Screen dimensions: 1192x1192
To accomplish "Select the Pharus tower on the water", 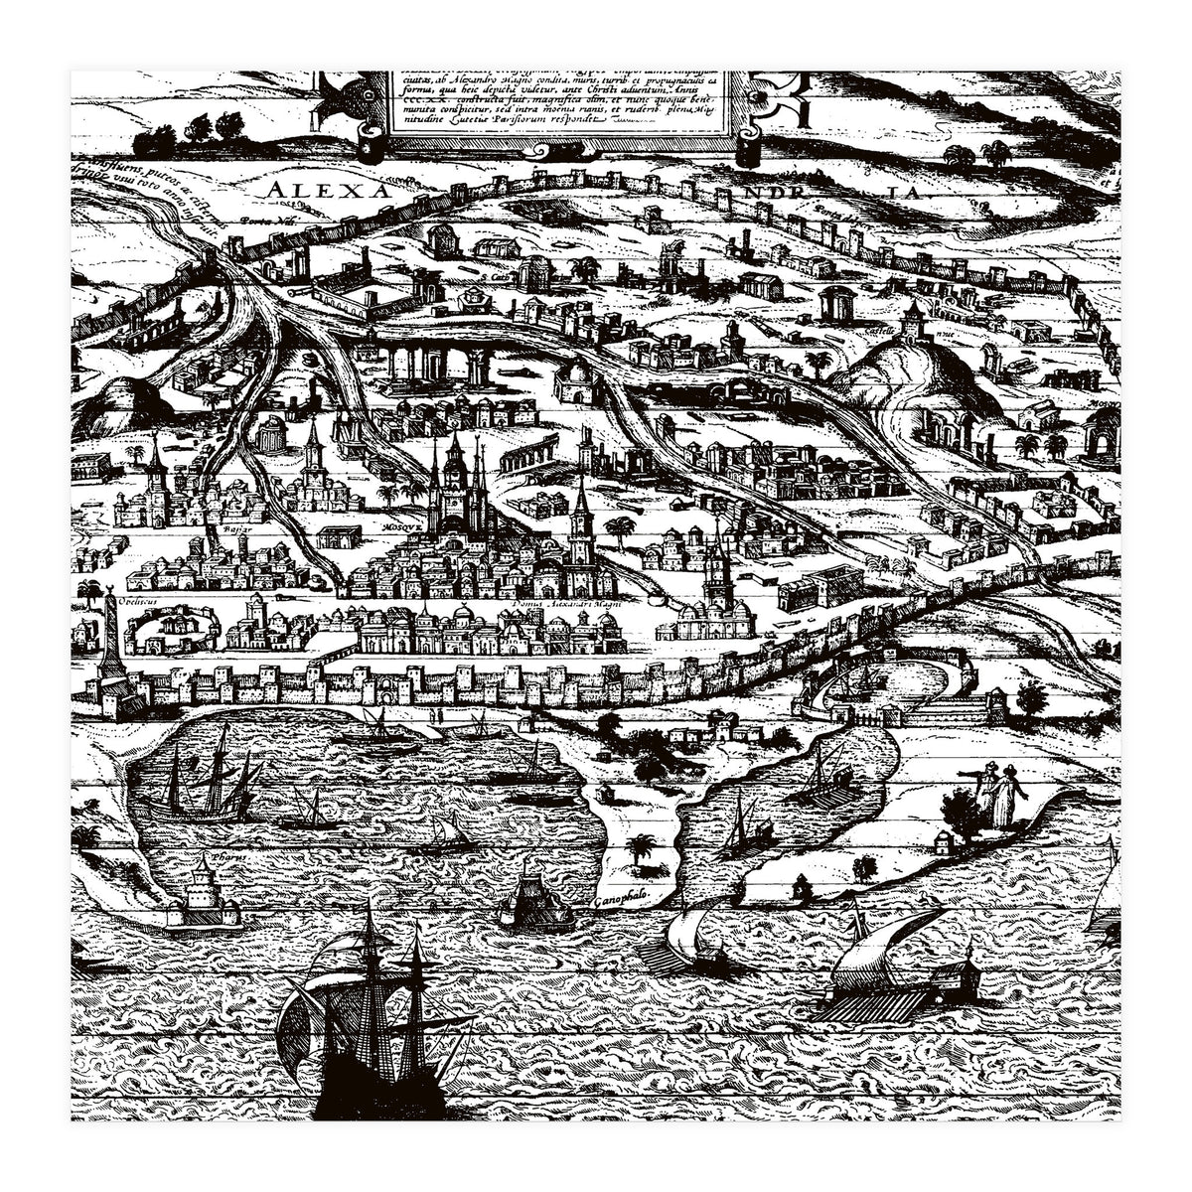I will point(205,895).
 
